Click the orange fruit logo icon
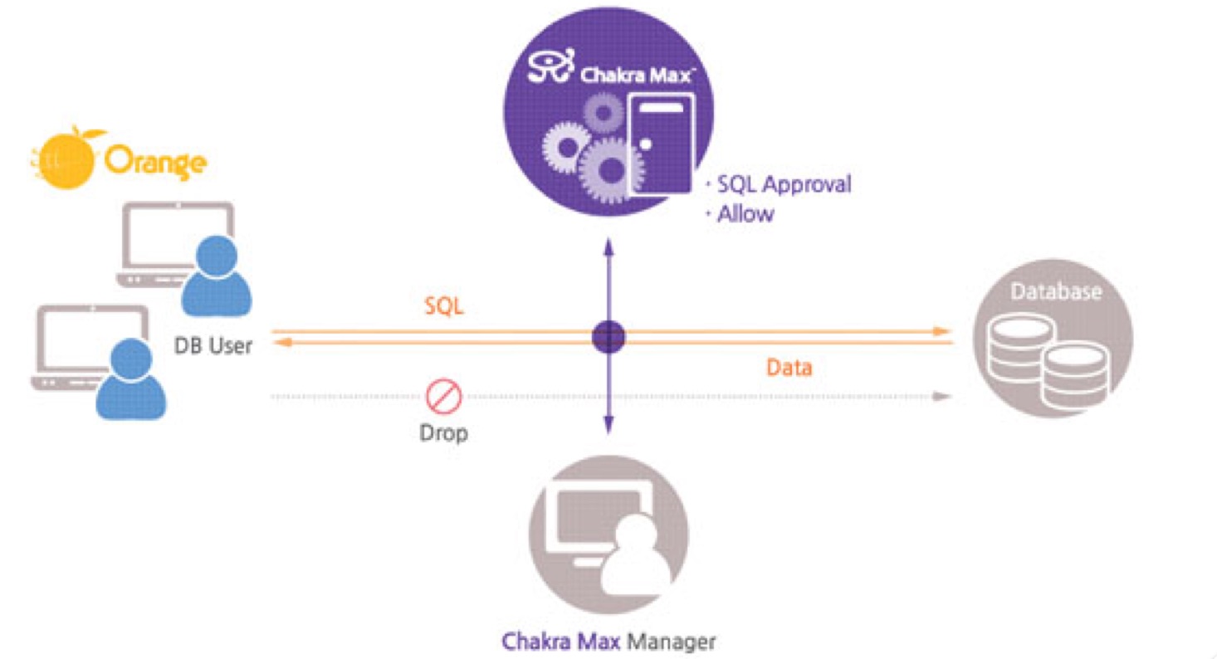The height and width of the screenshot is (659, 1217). pyautogui.click(x=66, y=159)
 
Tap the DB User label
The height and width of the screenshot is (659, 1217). pyautogui.click(x=213, y=345)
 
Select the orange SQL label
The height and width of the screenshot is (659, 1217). pyautogui.click(x=444, y=306)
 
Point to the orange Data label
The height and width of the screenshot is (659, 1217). pyautogui.click(x=789, y=368)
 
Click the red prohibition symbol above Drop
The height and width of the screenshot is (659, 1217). pyautogui.click(x=444, y=396)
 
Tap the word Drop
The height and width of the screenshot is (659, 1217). pyautogui.click(x=443, y=433)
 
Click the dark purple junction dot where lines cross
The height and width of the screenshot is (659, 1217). pyautogui.click(x=608, y=337)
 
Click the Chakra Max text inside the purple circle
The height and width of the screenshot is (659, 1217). pyautogui.click(x=636, y=76)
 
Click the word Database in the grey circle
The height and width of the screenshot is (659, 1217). pyautogui.click(x=1056, y=292)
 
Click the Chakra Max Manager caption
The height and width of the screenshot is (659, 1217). pyautogui.click(x=608, y=642)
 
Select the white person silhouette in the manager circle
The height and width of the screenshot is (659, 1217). pyautogui.click(x=636, y=554)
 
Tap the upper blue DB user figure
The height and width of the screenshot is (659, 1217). pyautogui.click(x=216, y=276)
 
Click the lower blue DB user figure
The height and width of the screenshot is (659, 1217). pyautogui.click(x=131, y=378)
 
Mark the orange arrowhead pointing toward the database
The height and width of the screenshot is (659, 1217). pyautogui.click(x=942, y=331)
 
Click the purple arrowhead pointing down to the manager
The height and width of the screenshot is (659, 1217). pyautogui.click(x=608, y=424)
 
